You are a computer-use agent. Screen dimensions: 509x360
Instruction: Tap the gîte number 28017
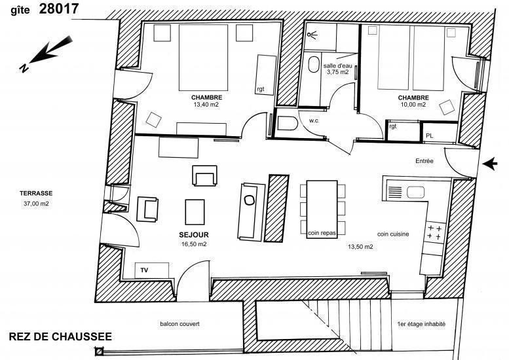coord(59,9)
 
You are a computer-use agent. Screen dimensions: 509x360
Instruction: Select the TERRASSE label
coord(36,193)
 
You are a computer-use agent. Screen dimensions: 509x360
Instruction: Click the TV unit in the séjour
coord(152,270)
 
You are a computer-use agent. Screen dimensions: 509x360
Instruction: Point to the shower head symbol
coord(312,35)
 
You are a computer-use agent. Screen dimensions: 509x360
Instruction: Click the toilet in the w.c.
coord(288,123)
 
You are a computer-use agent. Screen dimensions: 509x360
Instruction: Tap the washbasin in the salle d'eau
coord(314,65)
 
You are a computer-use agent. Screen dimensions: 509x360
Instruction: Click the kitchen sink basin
coord(415,192)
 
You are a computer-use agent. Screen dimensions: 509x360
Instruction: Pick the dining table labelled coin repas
coord(322,209)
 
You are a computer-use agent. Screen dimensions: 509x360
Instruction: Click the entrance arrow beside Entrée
coord(490,164)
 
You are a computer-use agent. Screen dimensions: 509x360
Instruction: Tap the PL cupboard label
coord(429,136)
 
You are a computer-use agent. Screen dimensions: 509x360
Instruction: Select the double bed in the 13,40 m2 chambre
coord(203,58)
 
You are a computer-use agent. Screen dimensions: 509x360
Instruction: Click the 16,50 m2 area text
coord(194,244)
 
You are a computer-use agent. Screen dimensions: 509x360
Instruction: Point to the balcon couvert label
coord(180,324)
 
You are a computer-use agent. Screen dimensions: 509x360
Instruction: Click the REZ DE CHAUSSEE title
coord(60,336)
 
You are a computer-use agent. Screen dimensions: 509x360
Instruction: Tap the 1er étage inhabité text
coord(421,324)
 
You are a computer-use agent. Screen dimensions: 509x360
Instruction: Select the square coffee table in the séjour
coord(195,212)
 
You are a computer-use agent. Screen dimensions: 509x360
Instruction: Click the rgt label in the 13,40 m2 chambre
coord(261,89)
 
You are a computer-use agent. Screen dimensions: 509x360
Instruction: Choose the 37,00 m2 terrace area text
coord(36,204)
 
